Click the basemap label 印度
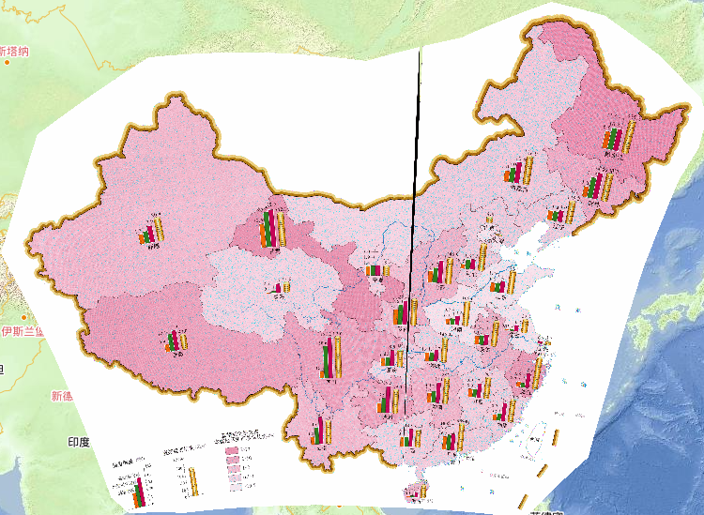pyautogui.click(x=78, y=441)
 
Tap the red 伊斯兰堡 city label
pyautogui.click(x=21, y=332)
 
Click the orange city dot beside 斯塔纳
pyautogui.click(x=8, y=62)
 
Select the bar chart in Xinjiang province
pyautogui.click(x=151, y=230)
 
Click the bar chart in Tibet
pyautogui.click(x=176, y=344)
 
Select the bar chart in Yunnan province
pyautogui.click(x=322, y=431)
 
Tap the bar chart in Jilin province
pyautogui.click(x=595, y=185)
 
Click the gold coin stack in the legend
pyautogui.click(x=194, y=482)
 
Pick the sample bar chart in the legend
pyautogui.click(x=140, y=492)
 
